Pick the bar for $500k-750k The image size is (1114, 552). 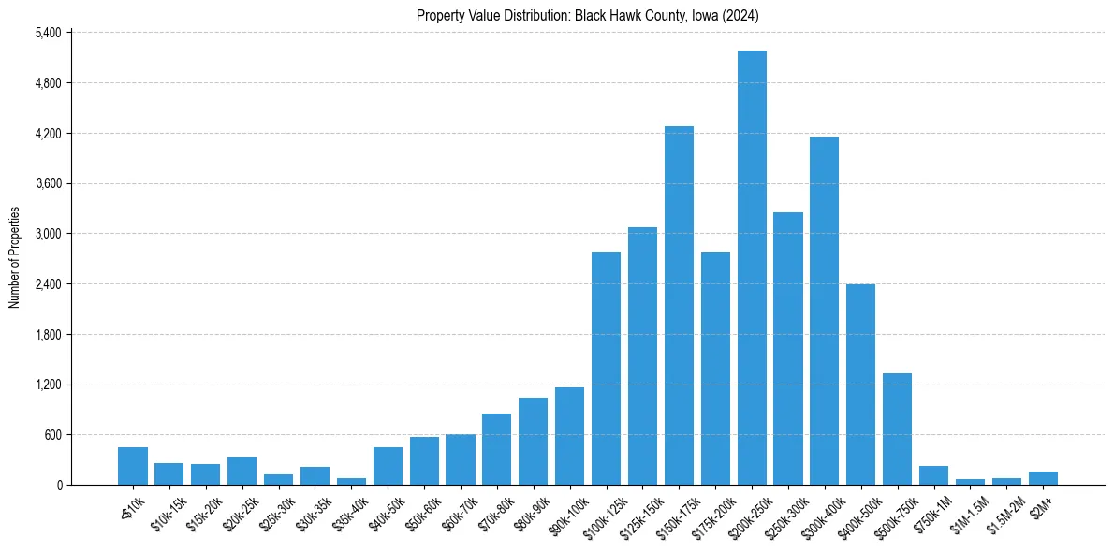pos(897,429)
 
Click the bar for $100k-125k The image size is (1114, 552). pos(606,369)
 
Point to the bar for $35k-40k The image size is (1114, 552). pos(351,481)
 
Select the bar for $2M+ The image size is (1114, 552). pos(1043,478)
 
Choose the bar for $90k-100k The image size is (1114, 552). pos(569,436)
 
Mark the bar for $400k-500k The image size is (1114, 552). pos(860,385)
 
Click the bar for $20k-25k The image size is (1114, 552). pos(242,471)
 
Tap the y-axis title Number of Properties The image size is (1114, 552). pos(14,257)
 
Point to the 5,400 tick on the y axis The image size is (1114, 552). pos(47,33)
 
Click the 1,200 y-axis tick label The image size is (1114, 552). pos(47,385)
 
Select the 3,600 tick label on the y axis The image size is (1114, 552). pos(47,183)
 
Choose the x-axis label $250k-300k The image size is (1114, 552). pos(783,514)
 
